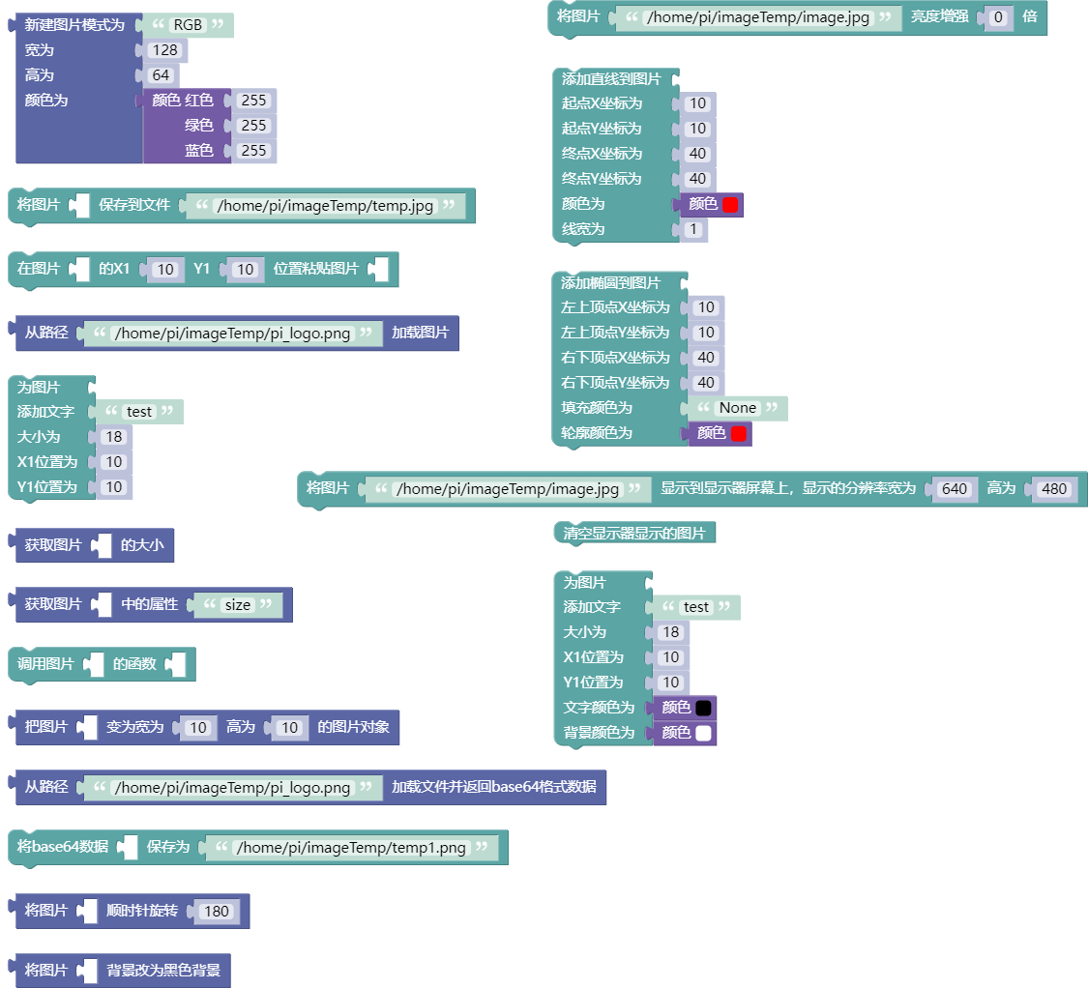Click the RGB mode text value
tap(188, 25)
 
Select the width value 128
tap(165, 50)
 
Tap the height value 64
tap(161, 75)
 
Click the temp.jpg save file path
tap(325, 205)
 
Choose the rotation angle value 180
tap(217, 911)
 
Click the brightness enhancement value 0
tap(998, 17)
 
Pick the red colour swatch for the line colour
tap(730, 205)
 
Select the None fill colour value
tap(738, 408)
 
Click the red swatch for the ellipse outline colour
tap(738, 434)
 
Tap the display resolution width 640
tap(955, 488)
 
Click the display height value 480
tap(1054, 488)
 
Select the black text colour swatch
tap(703, 708)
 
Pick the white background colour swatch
tap(703, 733)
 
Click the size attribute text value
tap(237, 605)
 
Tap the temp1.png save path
tap(351, 847)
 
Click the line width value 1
tap(692, 230)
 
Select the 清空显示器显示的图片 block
tap(634, 533)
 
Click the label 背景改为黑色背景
tap(163, 970)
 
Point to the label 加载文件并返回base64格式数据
tap(494, 787)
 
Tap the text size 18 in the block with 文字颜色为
tap(670, 632)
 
